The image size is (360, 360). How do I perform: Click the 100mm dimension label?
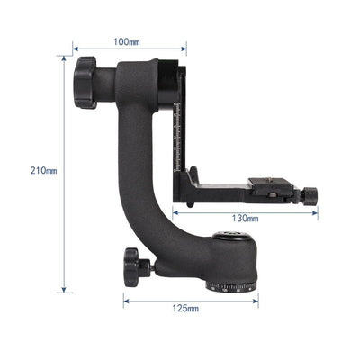point(126,42)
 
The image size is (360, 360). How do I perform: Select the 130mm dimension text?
point(245,219)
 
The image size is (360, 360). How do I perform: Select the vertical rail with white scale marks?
point(180,126)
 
